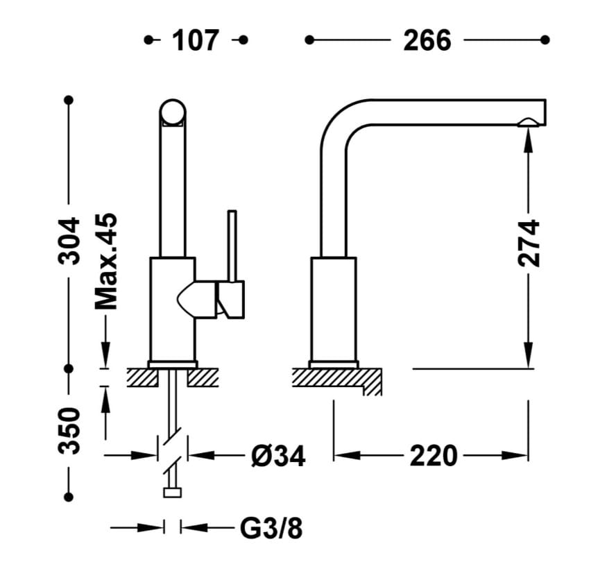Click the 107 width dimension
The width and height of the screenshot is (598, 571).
[196, 40]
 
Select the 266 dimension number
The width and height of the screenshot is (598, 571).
[427, 40]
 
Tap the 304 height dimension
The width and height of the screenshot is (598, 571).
[69, 241]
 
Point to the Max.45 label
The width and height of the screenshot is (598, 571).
[105, 262]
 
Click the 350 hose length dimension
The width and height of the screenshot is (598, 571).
[69, 431]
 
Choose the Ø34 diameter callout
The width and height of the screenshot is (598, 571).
[278, 456]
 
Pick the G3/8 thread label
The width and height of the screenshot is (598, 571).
[271, 528]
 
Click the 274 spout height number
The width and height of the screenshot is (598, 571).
[529, 243]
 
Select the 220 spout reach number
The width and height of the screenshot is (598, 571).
[434, 456]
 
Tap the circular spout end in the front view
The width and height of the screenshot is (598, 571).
[173, 112]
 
